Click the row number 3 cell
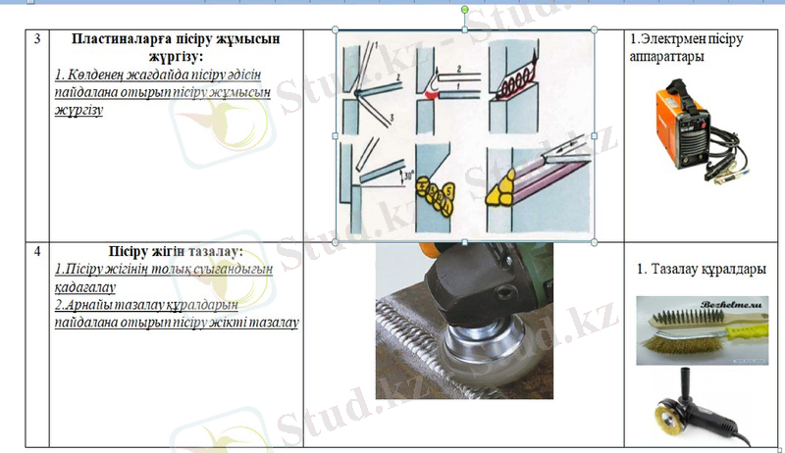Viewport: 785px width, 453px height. click(x=36, y=40)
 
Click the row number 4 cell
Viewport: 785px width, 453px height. click(x=36, y=250)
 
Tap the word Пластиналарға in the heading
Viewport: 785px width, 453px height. click(x=116, y=39)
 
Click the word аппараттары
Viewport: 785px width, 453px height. click(x=664, y=56)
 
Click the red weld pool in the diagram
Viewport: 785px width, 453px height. click(x=433, y=96)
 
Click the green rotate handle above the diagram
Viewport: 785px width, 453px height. click(x=465, y=12)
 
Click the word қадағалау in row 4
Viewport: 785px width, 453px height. click(x=86, y=287)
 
